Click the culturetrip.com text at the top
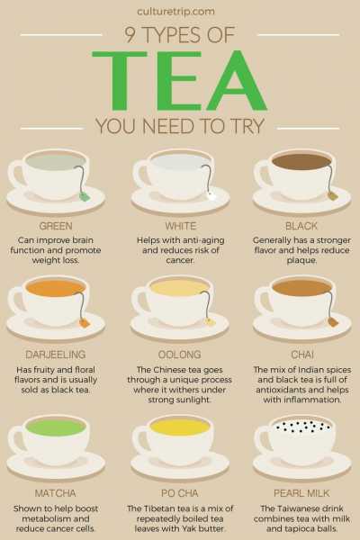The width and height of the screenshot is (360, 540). tap(179, 12)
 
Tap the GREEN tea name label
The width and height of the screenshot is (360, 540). tap(56, 225)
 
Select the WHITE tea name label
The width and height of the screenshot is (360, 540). tap(180, 225)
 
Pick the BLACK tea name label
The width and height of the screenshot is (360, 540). tap(302, 225)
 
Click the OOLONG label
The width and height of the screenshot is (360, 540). tap(180, 355)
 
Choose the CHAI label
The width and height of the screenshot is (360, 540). tap(302, 355)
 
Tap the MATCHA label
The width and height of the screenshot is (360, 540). tap(56, 494)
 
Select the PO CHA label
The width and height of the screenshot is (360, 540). tap(180, 494)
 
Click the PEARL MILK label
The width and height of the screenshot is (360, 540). tap(302, 494)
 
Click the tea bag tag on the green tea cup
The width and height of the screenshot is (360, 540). tap(84, 195)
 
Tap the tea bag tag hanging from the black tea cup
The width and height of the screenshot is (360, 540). tap(331, 194)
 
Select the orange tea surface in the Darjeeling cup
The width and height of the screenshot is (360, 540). tap(55, 289)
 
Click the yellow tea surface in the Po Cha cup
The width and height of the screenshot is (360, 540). tap(179, 427)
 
